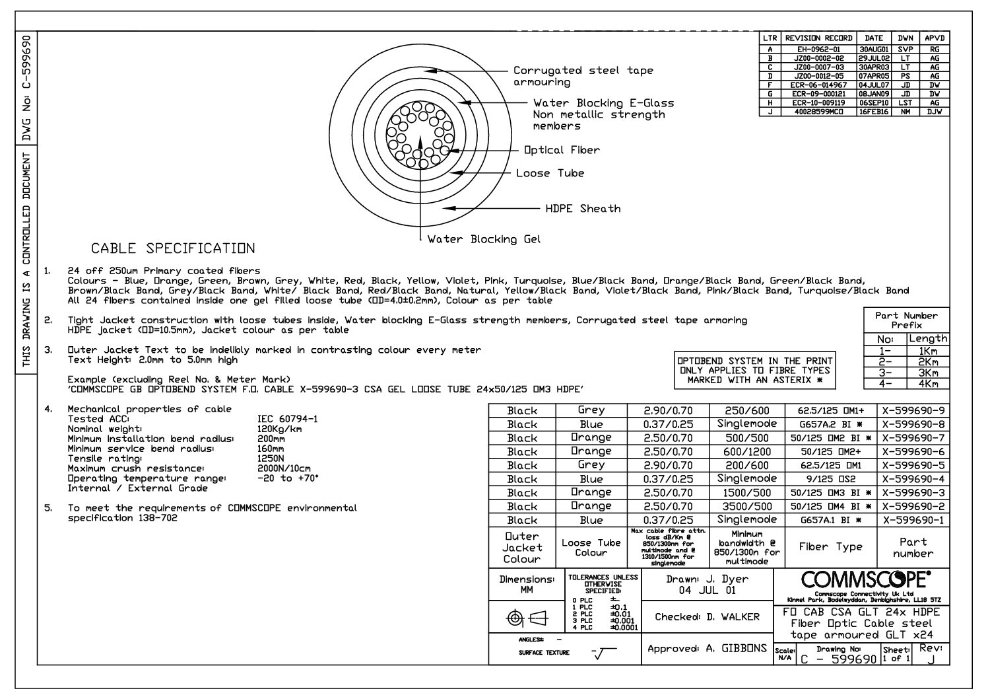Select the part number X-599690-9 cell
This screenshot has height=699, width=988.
pyautogui.click(x=913, y=410)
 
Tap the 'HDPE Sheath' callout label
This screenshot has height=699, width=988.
pyautogui.click(x=583, y=209)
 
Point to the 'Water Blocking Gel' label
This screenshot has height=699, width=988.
pyautogui.click(x=484, y=239)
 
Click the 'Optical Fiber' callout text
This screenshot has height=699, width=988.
pyautogui.click(x=562, y=150)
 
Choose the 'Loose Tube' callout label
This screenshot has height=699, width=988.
pyautogui.click(x=550, y=173)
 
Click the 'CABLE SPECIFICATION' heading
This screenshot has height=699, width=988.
pyautogui.click(x=173, y=249)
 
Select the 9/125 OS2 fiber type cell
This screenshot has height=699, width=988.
pyautogui.click(x=830, y=479)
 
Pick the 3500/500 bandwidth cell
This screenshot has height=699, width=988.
pyautogui.click(x=747, y=506)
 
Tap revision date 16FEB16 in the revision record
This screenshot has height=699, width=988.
pyautogui.click(x=874, y=112)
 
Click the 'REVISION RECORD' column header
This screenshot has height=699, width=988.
pyautogui.click(x=818, y=38)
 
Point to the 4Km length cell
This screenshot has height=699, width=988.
pyautogui.click(x=927, y=384)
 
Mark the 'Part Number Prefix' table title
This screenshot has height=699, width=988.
pyautogui.click(x=906, y=320)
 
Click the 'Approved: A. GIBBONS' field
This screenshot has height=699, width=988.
pyautogui.click(x=707, y=649)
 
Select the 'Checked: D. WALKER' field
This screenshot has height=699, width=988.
pyautogui.click(x=707, y=617)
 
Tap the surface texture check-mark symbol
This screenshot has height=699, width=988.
pyautogui.click(x=601, y=653)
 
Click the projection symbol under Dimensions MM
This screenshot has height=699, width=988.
pyautogui.click(x=527, y=618)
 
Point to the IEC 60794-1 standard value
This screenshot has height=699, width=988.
pyautogui.click(x=287, y=419)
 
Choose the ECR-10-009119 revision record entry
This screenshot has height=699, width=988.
pyautogui.click(x=818, y=103)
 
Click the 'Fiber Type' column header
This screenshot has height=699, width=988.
pyautogui.click(x=830, y=547)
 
